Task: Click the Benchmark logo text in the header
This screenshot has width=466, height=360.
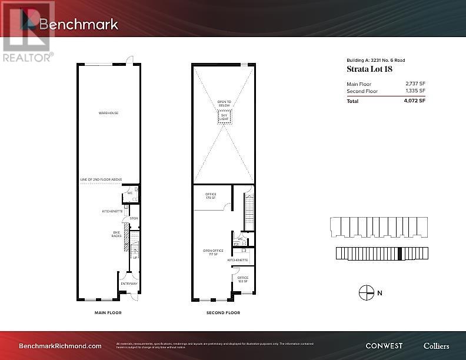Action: click(x=78, y=24)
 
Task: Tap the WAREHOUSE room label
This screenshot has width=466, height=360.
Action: click(x=108, y=113)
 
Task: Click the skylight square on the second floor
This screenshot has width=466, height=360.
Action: click(x=224, y=117)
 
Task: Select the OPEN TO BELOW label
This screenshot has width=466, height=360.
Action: click(x=224, y=104)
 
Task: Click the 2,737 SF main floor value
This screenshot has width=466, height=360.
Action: click(x=414, y=84)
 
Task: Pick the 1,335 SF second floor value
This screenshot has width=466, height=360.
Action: click(x=414, y=91)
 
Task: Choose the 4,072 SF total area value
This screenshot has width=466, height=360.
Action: click(x=414, y=101)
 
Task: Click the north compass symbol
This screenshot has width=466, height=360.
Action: click(x=366, y=292)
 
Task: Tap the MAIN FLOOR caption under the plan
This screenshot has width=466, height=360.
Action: click(x=108, y=312)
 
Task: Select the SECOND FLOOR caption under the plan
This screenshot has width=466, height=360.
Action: click(x=224, y=312)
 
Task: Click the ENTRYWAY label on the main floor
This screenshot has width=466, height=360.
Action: click(x=129, y=284)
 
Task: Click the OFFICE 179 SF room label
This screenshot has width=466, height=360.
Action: click(x=211, y=196)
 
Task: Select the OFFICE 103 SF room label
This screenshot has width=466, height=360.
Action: click(x=242, y=279)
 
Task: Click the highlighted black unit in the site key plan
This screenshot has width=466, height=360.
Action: click(x=400, y=254)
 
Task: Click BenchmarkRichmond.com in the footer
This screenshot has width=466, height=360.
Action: click(x=61, y=346)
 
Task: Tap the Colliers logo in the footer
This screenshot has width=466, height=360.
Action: click(x=436, y=346)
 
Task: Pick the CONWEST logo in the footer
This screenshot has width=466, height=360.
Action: click(x=384, y=346)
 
